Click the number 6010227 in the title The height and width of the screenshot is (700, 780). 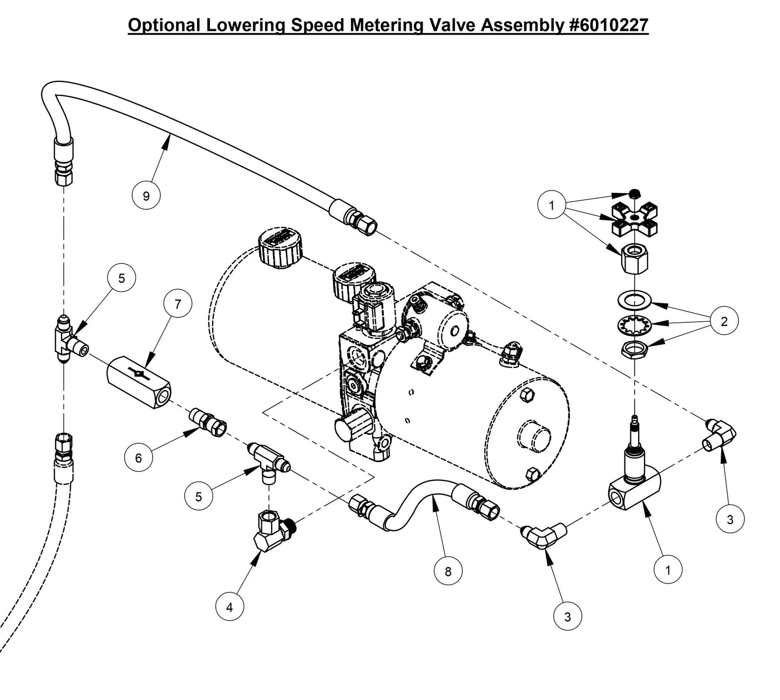point(609,25)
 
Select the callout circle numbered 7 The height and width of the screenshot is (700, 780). point(178,304)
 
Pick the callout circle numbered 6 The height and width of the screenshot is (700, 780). point(138,458)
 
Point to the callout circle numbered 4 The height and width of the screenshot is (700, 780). point(229,607)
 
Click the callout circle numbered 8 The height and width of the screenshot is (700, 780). point(448,570)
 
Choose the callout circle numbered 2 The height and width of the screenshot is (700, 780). point(724,322)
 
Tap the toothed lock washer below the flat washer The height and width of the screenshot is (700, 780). point(635,324)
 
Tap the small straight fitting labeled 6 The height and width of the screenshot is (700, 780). point(209,422)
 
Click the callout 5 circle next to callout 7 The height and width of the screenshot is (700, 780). point(121,278)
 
